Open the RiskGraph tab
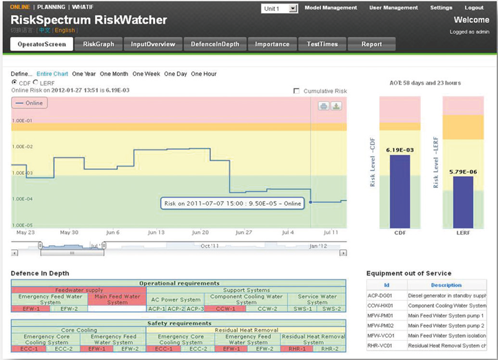coord(98,44)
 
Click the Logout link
coord(474,8)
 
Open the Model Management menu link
coord(330,8)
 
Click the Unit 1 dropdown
coord(279,8)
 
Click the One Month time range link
coord(114,74)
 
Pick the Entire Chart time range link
coord(52,74)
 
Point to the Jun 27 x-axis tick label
coord(245,233)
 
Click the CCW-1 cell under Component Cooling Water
coord(225,309)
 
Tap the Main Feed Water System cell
coord(117,299)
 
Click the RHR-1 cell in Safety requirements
coord(296,349)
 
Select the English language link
coord(65,30)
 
